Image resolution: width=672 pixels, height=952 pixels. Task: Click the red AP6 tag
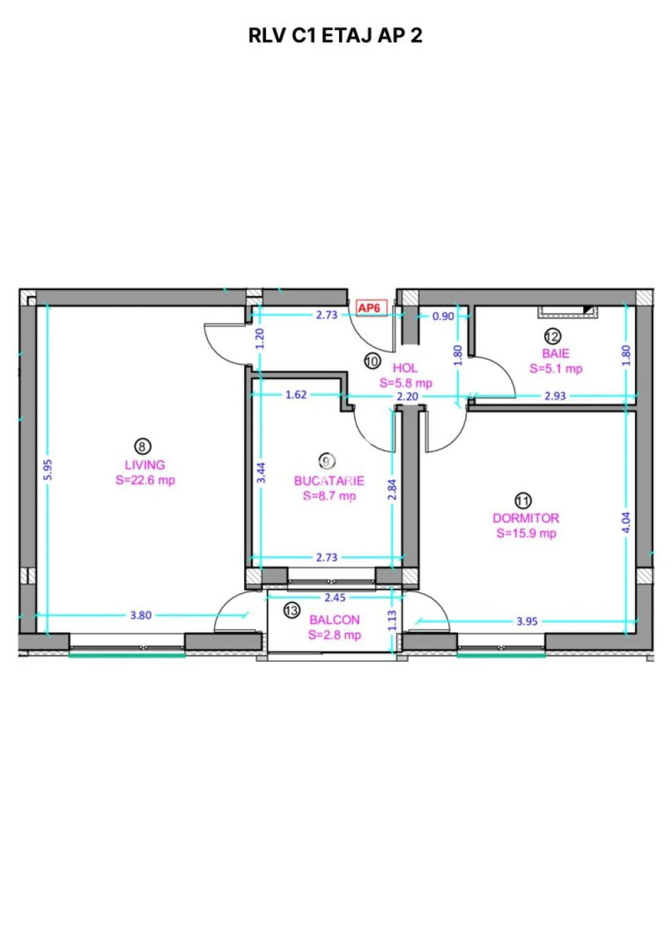(x=371, y=307)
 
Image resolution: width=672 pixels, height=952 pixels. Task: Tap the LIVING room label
(x=145, y=465)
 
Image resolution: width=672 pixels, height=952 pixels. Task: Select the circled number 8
(x=142, y=446)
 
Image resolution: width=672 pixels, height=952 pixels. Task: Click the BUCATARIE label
(x=329, y=481)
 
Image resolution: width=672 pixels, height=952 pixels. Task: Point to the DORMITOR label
(x=525, y=518)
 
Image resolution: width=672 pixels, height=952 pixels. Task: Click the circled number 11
(x=523, y=501)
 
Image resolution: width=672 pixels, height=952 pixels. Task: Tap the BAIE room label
(x=556, y=353)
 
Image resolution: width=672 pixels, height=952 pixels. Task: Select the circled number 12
(x=552, y=336)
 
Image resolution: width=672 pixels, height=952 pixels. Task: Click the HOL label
(x=405, y=368)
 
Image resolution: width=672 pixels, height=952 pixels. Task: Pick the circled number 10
(x=372, y=361)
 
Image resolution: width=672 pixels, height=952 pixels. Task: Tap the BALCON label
(x=334, y=620)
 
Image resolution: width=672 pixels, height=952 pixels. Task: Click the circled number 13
(x=291, y=611)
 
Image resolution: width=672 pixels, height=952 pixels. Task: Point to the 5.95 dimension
(x=49, y=469)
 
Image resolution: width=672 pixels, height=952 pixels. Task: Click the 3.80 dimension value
(x=140, y=615)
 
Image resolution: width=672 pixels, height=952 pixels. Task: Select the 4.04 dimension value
(x=625, y=523)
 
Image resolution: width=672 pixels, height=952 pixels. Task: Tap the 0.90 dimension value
(x=443, y=316)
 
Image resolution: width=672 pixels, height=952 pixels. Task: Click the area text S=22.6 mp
(x=145, y=481)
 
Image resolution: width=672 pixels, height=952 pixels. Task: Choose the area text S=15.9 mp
(x=526, y=533)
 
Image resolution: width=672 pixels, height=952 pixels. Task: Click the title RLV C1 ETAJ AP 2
(x=335, y=35)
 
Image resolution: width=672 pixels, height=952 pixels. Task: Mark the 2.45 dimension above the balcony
(x=335, y=597)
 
